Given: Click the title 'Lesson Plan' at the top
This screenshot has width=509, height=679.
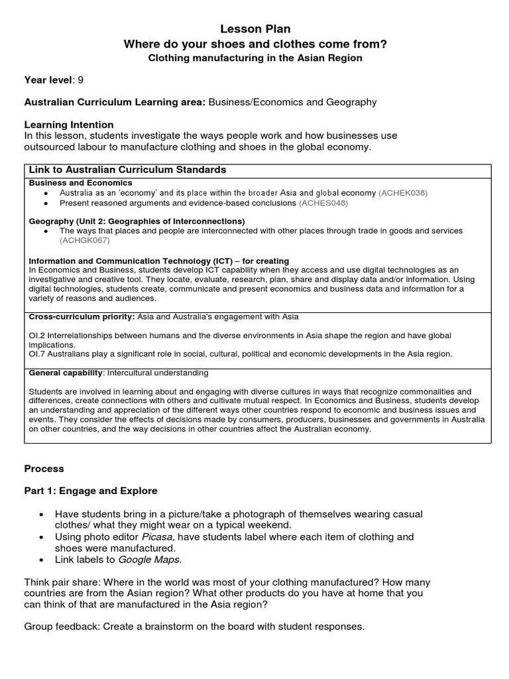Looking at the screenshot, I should click(x=255, y=29).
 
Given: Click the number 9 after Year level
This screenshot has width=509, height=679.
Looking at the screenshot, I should click(x=81, y=80).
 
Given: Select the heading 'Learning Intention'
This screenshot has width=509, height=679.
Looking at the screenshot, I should click(x=69, y=125).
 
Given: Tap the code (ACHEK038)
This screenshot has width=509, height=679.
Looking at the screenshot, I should click(x=403, y=193).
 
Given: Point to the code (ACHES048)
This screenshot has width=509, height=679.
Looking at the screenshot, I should click(x=323, y=203).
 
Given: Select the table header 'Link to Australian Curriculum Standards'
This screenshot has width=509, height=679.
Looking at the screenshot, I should click(x=128, y=170).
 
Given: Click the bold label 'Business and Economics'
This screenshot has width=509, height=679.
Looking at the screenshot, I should click(x=81, y=183).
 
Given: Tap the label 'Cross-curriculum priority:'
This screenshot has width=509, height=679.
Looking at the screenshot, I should click(x=81, y=317).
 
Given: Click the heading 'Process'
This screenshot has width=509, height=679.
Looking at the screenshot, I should click(x=44, y=469).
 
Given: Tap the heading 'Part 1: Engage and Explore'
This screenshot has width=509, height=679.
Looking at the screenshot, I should click(x=91, y=491).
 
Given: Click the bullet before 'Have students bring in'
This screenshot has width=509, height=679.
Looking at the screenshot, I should click(x=42, y=515).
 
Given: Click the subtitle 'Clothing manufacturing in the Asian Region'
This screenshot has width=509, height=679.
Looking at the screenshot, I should click(x=255, y=58).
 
